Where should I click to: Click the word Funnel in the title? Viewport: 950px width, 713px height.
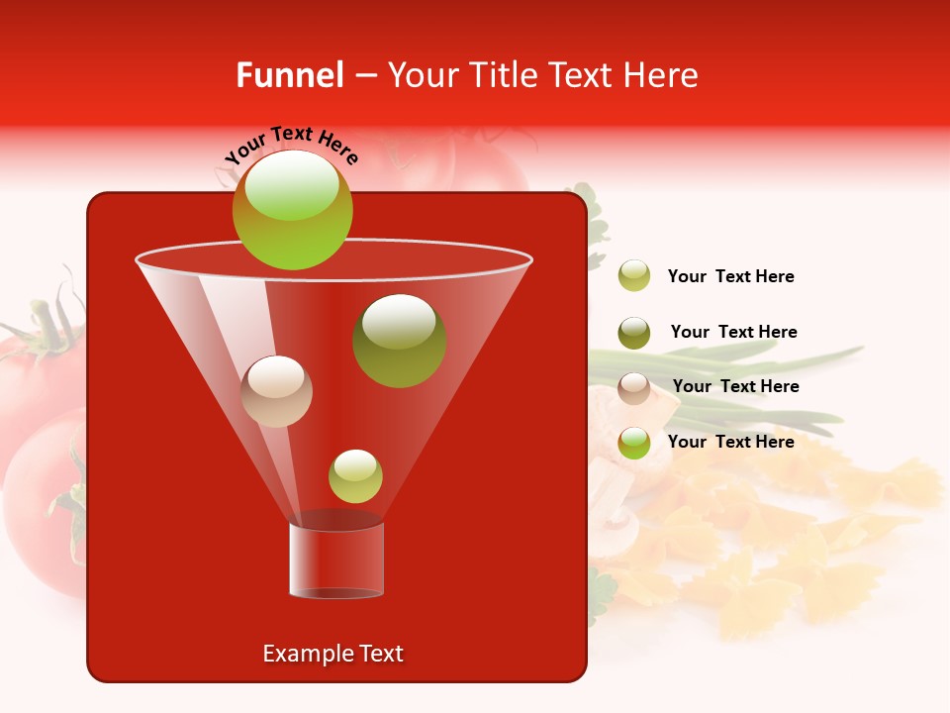(x=290, y=75)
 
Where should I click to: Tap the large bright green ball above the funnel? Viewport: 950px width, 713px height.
(x=292, y=210)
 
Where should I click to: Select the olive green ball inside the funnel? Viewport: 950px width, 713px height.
(x=399, y=341)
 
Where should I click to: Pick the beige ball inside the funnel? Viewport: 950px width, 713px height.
(x=276, y=391)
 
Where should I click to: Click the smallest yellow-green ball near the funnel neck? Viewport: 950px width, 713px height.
(x=355, y=476)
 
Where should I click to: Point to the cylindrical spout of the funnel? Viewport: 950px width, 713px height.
(x=336, y=560)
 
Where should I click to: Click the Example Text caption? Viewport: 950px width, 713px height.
(x=333, y=654)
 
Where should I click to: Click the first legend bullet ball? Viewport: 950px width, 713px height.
(x=634, y=276)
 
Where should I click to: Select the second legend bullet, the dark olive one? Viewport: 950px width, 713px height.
(x=634, y=333)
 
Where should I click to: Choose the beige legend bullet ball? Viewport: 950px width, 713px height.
(x=634, y=388)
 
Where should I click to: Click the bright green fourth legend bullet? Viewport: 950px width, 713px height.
(x=634, y=443)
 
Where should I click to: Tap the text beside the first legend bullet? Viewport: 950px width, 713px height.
(x=731, y=277)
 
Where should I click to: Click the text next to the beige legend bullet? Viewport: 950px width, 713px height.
(x=735, y=387)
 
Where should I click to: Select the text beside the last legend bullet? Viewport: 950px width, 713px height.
(x=731, y=442)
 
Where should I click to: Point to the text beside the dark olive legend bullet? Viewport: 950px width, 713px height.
(x=733, y=332)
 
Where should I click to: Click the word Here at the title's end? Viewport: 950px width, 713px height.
(x=663, y=75)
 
